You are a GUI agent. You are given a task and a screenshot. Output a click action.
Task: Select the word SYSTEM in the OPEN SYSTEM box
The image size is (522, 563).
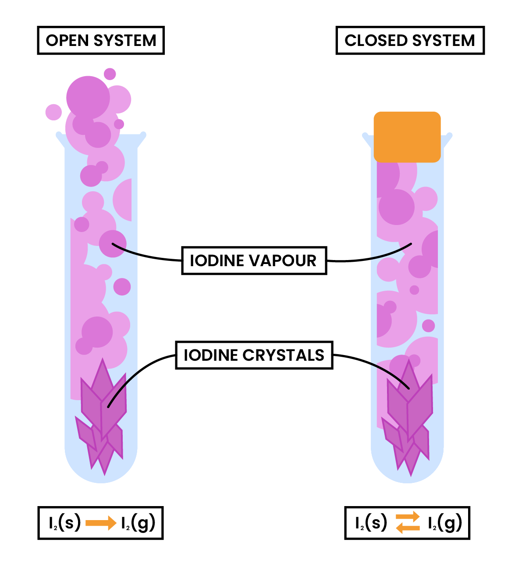[125, 41]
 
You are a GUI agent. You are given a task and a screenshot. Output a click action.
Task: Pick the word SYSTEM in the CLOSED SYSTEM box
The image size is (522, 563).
[443, 41]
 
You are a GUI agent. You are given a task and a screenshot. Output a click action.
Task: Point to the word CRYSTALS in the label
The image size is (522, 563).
[284, 355]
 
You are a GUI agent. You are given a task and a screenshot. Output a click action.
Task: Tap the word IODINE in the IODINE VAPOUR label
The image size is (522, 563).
[217, 261]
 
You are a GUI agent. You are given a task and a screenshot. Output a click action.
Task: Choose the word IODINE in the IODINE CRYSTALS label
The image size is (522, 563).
[211, 355]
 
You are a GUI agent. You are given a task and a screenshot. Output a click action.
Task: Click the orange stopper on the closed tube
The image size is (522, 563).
[407, 137]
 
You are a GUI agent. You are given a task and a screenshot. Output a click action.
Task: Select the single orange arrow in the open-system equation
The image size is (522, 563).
[101, 523]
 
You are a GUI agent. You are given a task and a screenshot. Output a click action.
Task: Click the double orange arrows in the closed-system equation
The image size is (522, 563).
[408, 523]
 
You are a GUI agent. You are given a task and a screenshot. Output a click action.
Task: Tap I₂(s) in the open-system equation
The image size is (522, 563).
[64, 523]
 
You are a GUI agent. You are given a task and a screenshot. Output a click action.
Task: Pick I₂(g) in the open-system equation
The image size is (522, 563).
[138, 523]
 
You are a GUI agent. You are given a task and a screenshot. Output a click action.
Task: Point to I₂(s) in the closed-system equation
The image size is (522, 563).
[371, 523]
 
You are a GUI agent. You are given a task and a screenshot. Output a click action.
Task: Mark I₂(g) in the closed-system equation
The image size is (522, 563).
[444, 523]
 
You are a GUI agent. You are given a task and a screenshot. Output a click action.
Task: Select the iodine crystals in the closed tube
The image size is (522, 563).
[408, 416]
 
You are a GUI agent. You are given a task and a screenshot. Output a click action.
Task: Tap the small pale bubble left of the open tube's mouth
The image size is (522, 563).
[53, 112]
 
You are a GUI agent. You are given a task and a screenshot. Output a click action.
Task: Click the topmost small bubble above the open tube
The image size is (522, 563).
[110, 74]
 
